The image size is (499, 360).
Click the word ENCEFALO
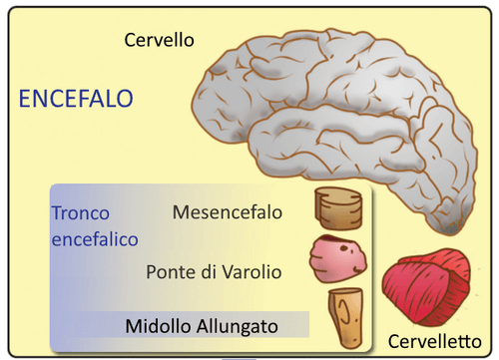[76, 99]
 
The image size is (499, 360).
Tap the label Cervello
[159, 40]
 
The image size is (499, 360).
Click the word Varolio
[254, 270]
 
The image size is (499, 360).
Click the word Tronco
[81, 213]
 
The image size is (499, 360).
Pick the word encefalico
[94, 239]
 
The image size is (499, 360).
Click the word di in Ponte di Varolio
[214, 270]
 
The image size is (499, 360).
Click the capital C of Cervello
[130, 40]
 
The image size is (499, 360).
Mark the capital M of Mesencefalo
[181, 212]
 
